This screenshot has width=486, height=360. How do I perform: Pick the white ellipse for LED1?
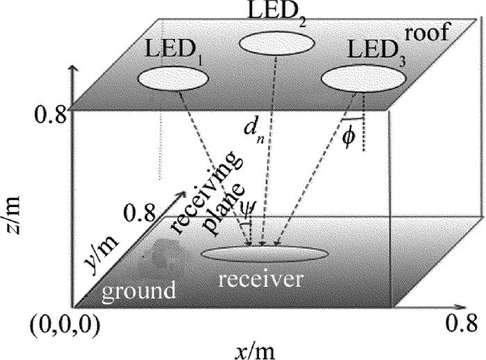point(173,78)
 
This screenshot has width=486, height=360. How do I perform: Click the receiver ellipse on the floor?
point(263,253)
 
